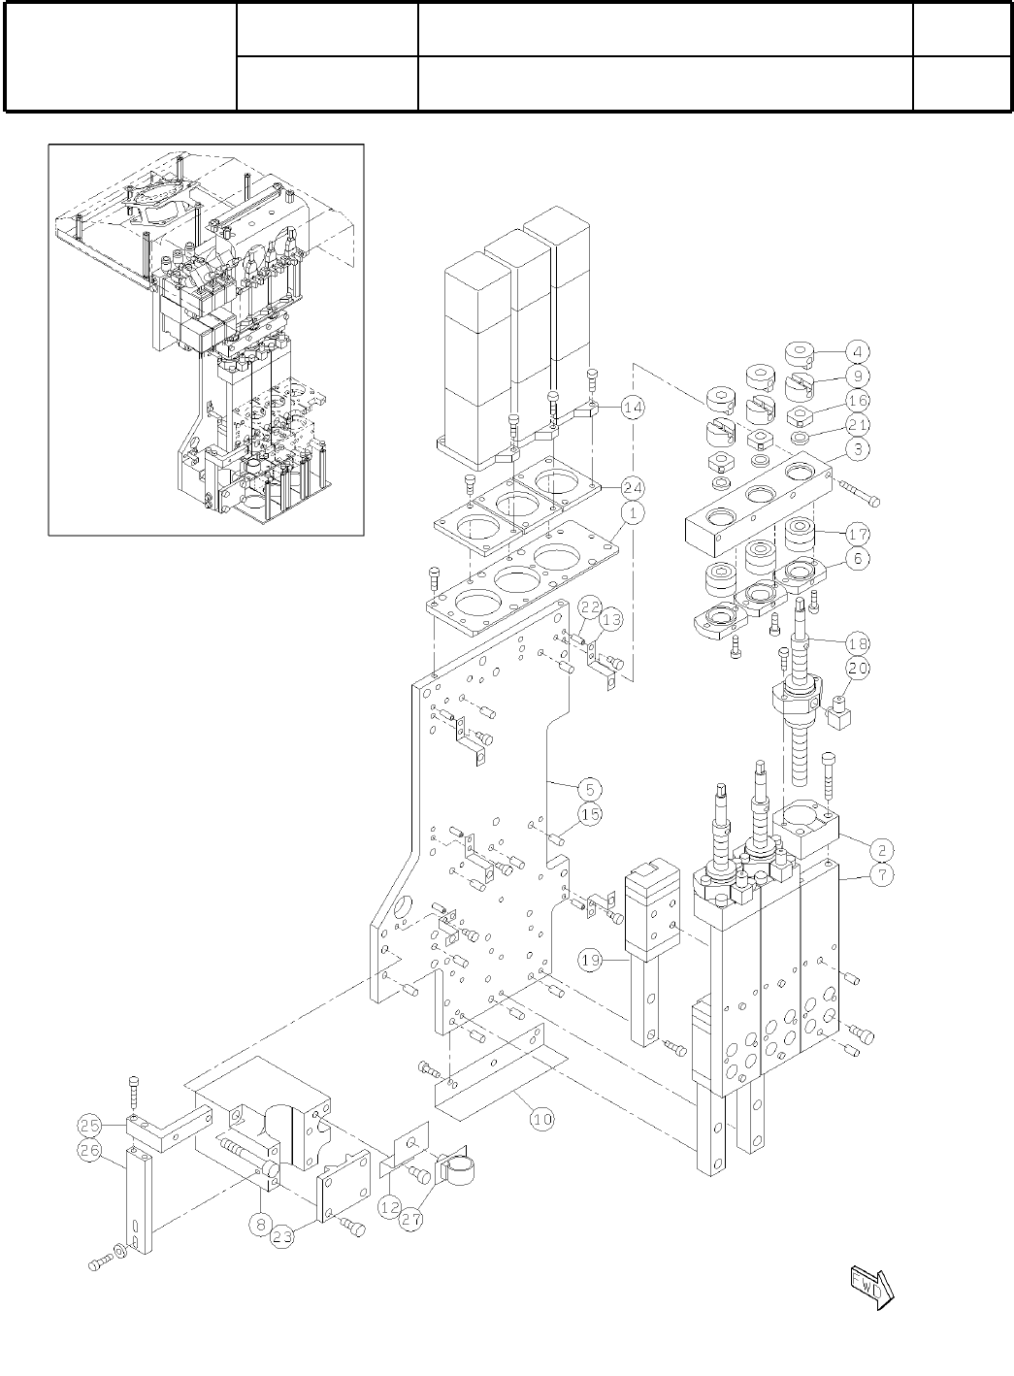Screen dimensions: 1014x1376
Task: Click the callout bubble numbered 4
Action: coord(857,350)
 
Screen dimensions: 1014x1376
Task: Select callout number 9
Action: coord(857,376)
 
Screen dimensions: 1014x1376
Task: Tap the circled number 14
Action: coord(633,409)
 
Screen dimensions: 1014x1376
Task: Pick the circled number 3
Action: coord(857,450)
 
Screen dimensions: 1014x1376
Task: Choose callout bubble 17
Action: coord(857,534)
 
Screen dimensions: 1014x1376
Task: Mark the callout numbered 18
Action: coord(857,642)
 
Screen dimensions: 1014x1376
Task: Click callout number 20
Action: coord(857,668)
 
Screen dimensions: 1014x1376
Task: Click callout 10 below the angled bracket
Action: coord(542,1119)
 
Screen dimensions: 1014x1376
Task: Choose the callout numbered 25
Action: coord(90,1126)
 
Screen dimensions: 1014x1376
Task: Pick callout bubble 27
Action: coord(411,1220)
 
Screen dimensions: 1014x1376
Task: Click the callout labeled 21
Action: coord(857,425)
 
